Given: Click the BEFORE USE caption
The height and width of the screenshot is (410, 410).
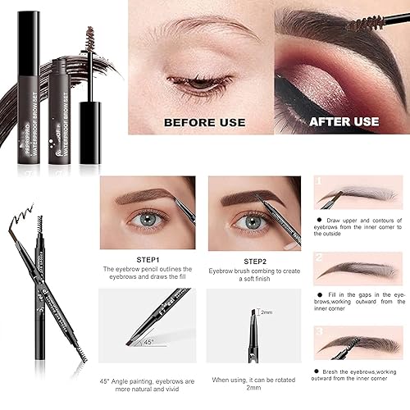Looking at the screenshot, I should (x=204, y=122).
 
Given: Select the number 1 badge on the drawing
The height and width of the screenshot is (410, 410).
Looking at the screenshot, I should (x=319, y=180).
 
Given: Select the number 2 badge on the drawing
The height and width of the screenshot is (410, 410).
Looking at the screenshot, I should (x=319, y=257).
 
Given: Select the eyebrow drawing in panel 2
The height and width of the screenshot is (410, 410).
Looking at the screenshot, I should (x=362, y=268).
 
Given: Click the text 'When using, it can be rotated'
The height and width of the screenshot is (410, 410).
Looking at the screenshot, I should (x=254, y=380).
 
